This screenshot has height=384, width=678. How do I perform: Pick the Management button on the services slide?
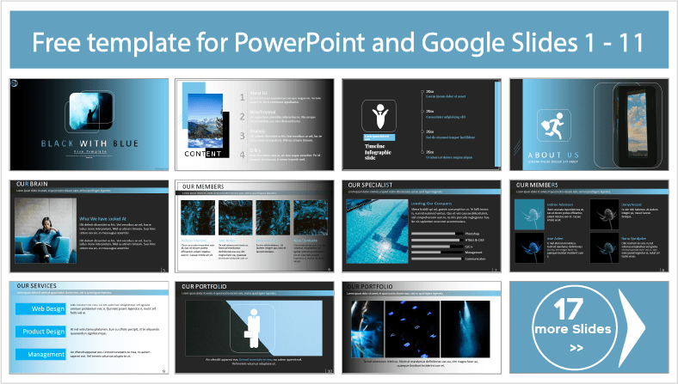tap(40, 354)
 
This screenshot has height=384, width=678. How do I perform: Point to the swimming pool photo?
tap(374, 232)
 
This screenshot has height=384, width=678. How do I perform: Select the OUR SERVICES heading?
tap(40, 285)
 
